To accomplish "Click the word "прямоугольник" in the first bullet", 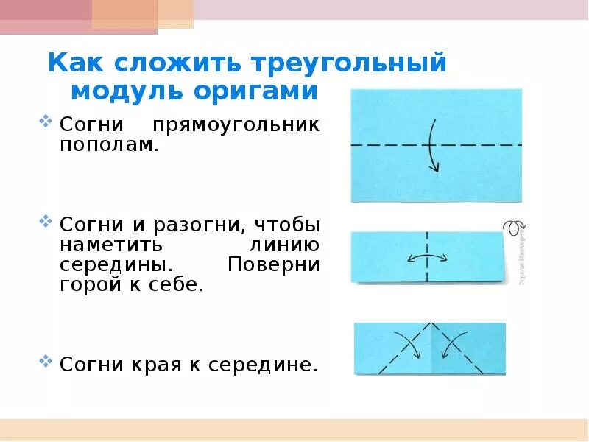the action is (x=236, y=124).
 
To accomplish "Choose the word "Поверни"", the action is (x=274, y=264).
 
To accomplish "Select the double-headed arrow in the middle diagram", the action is (x=427, y=258).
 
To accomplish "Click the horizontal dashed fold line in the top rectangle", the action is (x=383, y=145).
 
